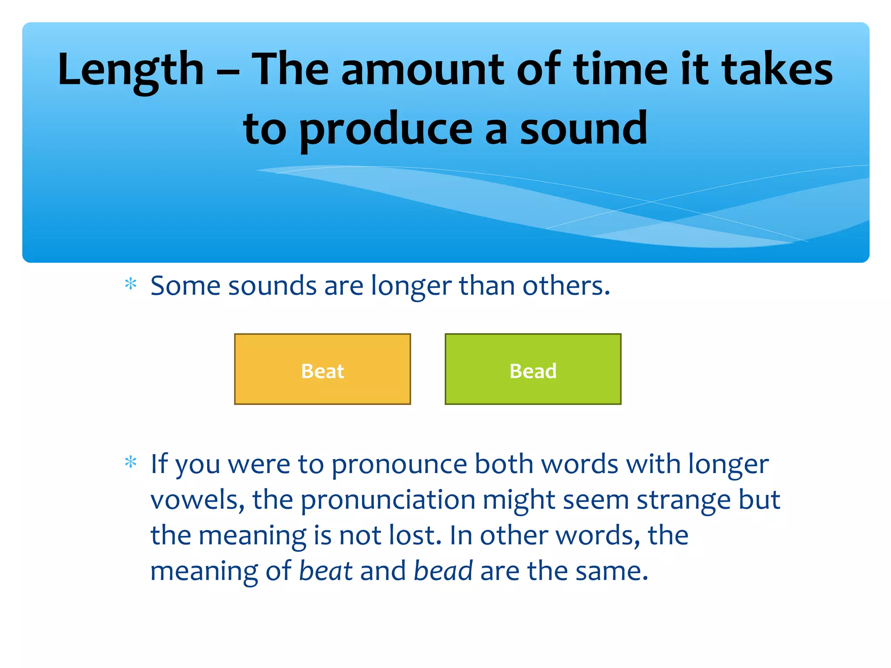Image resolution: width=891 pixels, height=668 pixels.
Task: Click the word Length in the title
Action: [x=131, y=70]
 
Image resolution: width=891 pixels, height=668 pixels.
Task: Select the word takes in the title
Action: [x=777, y=70]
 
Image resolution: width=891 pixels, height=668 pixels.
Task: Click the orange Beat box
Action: [x=322, y=369]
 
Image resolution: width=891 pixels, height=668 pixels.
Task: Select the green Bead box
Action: [x=533, y=369]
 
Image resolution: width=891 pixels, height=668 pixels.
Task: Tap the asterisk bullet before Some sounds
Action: [x=131, y=285]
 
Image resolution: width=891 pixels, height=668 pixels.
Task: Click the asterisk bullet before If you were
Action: [x=131, y=462]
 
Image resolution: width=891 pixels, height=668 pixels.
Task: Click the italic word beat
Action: [x=325, y=571]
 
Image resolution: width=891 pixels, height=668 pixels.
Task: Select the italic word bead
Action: [x=442, y=571]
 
